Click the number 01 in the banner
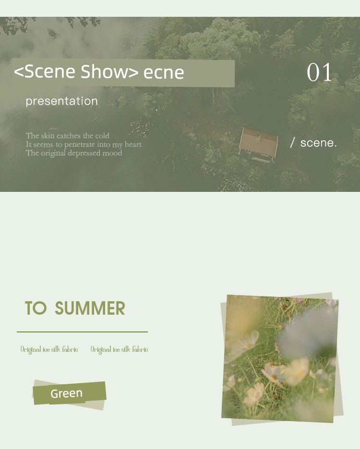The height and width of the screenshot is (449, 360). (319, 72)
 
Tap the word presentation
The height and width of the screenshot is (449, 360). (61, 101)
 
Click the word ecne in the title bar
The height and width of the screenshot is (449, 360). (164, 72)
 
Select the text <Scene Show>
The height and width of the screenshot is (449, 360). (76, 71)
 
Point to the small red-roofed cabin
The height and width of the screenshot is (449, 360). (259, 144)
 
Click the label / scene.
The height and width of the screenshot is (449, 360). (313, 142)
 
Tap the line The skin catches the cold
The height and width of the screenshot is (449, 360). (67, 135)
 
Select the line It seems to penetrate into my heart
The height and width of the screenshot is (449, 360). (84, 144)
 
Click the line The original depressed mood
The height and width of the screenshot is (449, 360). (74, 153)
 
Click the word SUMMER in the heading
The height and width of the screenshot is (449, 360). (90, 308)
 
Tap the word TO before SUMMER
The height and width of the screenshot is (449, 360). (36, 308)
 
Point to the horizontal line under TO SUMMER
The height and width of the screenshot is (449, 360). (82, 332)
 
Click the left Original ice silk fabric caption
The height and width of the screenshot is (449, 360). (49, 350)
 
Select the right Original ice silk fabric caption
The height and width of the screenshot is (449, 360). (119, 350)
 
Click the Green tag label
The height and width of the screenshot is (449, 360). (67, 393)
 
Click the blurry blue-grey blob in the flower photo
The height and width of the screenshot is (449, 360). (308, 332)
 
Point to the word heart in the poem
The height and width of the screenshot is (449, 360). (133, 144)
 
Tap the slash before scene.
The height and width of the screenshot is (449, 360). (292, 142)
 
